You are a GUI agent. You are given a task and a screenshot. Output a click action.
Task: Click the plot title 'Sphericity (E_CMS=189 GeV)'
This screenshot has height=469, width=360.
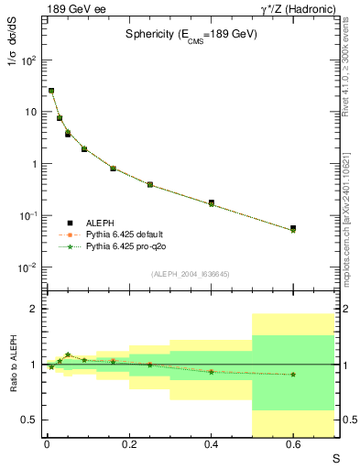pyautogui.click(x=190, y=34)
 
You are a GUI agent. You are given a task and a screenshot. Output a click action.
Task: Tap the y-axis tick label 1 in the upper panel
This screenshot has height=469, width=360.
pyautogui.click(x=34, y=164)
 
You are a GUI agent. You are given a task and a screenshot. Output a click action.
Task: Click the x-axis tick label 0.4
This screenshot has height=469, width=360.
pyautogui.click(x=211, y=444)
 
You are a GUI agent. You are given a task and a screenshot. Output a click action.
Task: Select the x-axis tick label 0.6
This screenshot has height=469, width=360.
pyautogui.click(x=293, y=444)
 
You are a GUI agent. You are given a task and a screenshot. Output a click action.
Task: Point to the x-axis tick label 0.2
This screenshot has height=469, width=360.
pyautogui.click(x=128, y=444)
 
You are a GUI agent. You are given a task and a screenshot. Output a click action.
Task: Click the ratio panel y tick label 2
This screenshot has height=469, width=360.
pyautogui.click(x=35, y=310)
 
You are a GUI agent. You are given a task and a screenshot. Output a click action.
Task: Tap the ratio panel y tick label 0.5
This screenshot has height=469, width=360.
pyautogui.click(x=30, y=420)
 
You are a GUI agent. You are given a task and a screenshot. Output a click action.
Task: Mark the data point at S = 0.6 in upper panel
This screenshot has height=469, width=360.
pyautogui.click(x=293, y=228)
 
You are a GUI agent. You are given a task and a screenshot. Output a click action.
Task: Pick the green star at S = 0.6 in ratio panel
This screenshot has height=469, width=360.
pyautogui.click(x=293, y=374)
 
